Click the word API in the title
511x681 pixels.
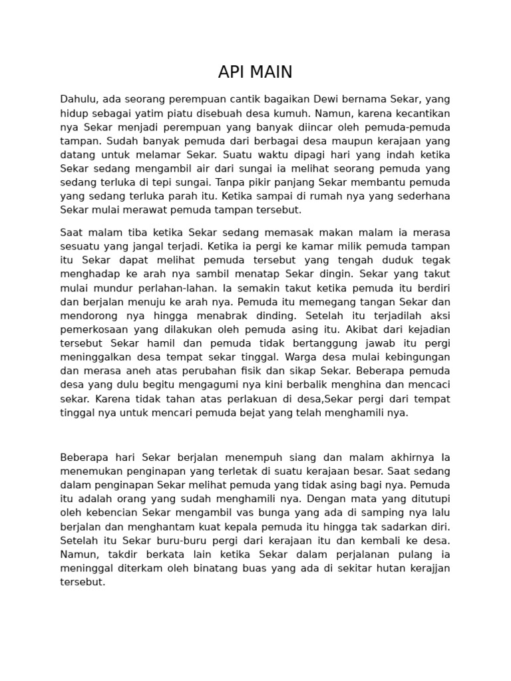tap(230, 72)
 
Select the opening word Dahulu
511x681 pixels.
tap(80, 99)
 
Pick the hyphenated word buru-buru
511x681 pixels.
tap(178, 540)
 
